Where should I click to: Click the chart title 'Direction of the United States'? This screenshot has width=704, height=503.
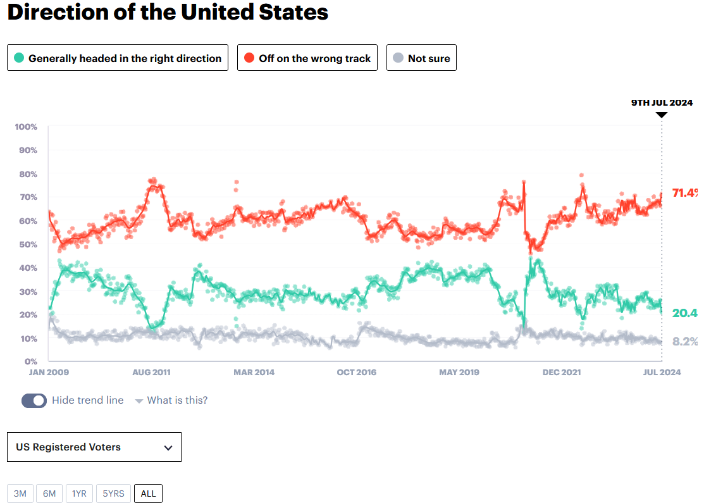coord(168,13)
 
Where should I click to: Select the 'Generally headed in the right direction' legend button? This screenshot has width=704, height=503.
coord(118,58)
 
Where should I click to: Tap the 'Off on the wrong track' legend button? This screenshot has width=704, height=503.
coord(307,58)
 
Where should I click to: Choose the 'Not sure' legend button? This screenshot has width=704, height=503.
coord(421,58)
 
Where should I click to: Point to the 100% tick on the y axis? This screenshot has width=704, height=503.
coord(26,127)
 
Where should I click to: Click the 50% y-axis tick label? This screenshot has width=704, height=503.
coord(28,244)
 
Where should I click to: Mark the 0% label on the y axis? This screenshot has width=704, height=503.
coord(30,362)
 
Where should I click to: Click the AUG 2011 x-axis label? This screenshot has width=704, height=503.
coord(151,372)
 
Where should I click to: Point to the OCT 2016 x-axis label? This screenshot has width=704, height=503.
coord(356,372)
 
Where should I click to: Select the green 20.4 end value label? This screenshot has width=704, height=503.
coord(684,313)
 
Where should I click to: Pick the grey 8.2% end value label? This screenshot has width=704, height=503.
coord(684,342)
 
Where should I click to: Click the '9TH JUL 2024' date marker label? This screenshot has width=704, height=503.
coord(662,102)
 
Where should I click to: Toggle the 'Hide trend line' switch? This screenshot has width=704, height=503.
coord(34,401)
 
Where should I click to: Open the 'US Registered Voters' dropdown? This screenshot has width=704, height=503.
coord(94,447)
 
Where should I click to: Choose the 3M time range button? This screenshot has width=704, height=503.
coord(20,494)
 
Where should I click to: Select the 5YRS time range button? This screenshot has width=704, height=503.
coord(114,494)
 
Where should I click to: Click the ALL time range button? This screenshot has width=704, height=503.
coord(148,494)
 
